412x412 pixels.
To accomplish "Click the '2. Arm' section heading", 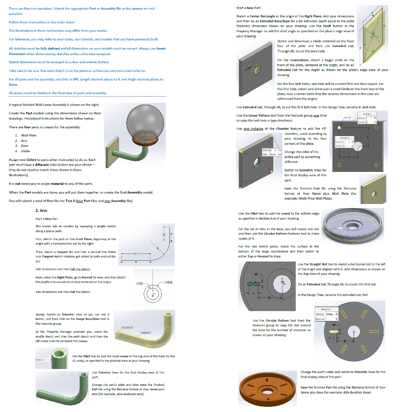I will pyautogui.click(x=41, y=210).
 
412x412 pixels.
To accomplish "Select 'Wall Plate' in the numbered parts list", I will pyautogui.click(x=29, y=135).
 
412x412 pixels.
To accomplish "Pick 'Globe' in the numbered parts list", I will pyautogui.click(x=25, y=151).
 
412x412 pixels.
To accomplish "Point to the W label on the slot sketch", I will pyautogui.click(x=255, y=275).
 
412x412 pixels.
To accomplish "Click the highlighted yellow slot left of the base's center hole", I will pyautogui.click(x=254, y=284).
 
